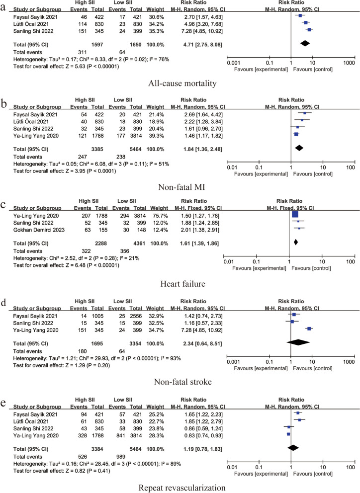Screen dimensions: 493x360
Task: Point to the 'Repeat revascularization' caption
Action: click(x=180, y=481)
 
